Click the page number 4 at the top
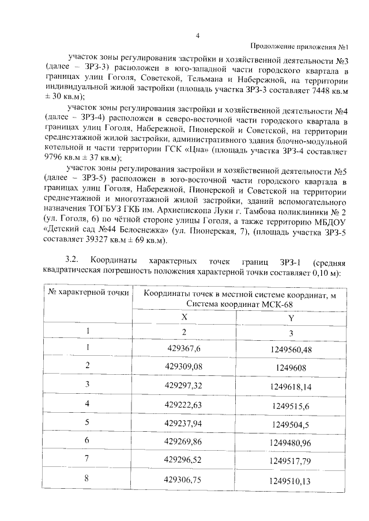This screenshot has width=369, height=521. click(197, 36)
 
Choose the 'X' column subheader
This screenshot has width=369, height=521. click(184, 317)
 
